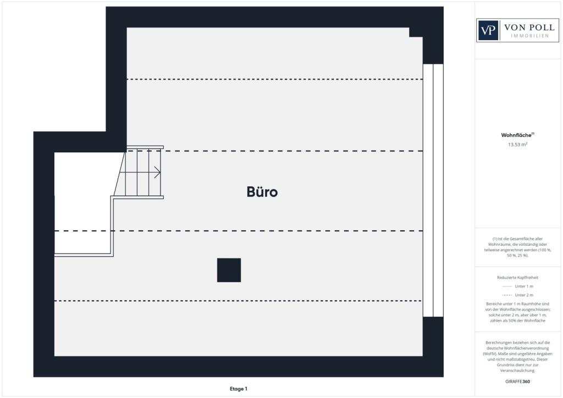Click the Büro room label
(262, 192)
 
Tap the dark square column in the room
(229, 270)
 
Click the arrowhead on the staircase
(158, 173)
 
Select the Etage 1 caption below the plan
(239, 389)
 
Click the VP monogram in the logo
(488, 30)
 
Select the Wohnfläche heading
(517, 135)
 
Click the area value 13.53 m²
(517, 145)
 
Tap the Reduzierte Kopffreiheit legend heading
(518, 278)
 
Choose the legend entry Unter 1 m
(524, 286)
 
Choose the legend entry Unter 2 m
(524, 295)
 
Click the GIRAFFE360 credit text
(518, 381)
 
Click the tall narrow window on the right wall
(433, 190)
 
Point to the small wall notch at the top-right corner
(416, 32)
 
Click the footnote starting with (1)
(518, 247)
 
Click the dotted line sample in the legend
(507, 286)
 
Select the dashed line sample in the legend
(507, 295)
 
